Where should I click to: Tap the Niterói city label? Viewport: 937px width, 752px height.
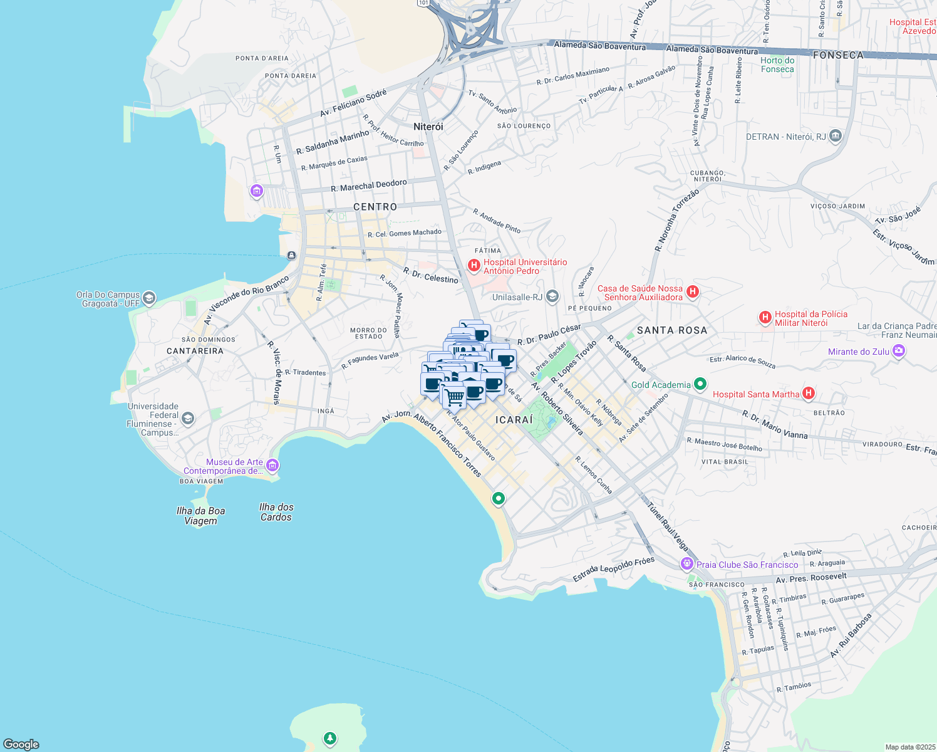click(x=428, y=127)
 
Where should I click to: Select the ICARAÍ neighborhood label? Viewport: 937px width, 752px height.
click(x=514, y=420)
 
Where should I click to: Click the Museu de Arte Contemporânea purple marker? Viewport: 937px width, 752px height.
click(x=272, y=466)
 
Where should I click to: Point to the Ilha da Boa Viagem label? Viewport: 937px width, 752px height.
click(x=200, y=516)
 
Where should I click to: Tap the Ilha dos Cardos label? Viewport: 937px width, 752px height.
click(x=276, y=512)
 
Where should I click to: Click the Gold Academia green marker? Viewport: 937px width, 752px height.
click(x=701, y=384)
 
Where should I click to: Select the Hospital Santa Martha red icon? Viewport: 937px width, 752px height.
click(x=809, y=394)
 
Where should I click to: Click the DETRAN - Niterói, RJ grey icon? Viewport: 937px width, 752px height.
click(x=835, y=136)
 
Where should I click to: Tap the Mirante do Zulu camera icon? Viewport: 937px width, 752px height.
click(x=899, y=351)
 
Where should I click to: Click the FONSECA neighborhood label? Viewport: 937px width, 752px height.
click(x=838, y=55)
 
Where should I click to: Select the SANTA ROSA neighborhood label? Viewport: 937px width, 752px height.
click(x=672, y=330)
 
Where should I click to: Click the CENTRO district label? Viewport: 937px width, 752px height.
click(x=375, y=207)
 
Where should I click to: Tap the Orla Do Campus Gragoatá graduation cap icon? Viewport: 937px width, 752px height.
click(x=149, y=298)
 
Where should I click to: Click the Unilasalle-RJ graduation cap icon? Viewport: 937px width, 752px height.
click(x=552, y=296)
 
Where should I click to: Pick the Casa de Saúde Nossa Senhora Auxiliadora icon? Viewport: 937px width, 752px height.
click(x=692, y=291)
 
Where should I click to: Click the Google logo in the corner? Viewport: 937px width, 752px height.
click(x=21, y=744)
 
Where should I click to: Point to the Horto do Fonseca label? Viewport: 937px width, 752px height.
click(x=777, y=65)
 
